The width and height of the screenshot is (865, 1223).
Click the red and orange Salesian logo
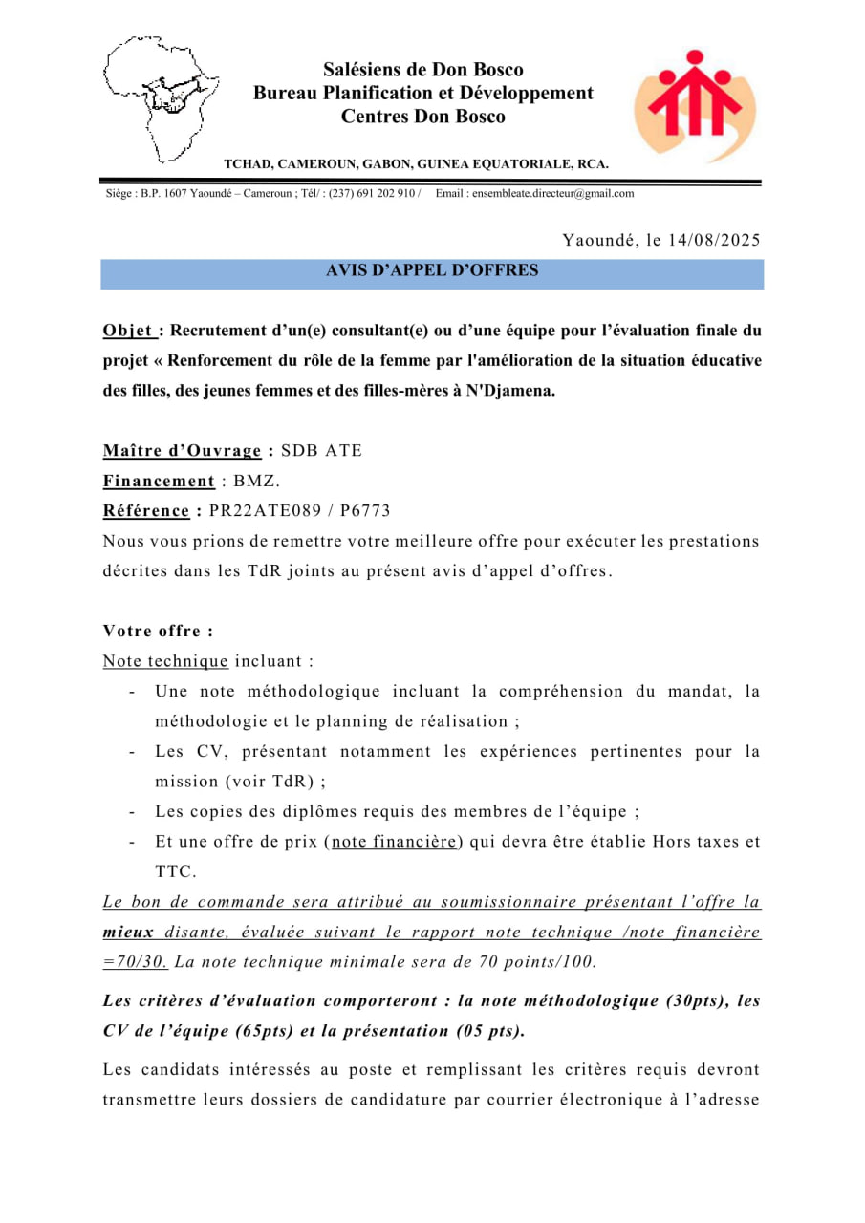(x=694, y=105)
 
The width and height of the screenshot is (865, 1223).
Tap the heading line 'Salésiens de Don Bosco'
(x=422, y=70)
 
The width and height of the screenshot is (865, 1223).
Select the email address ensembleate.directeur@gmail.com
(x=534, y=193)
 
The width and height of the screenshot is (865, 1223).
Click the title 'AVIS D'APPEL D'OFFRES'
(x=432, y=271)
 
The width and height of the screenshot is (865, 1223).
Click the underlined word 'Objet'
(x=129, y=332)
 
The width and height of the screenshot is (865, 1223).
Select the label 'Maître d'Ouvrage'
(x=182, y=451)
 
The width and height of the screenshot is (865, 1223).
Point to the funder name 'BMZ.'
(x=257, y=482)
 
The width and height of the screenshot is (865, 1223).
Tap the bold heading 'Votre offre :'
(x=158, y=632)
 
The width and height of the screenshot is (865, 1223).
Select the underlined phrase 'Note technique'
(x=165, y=661)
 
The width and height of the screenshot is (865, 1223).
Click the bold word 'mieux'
(x=130, y=933)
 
